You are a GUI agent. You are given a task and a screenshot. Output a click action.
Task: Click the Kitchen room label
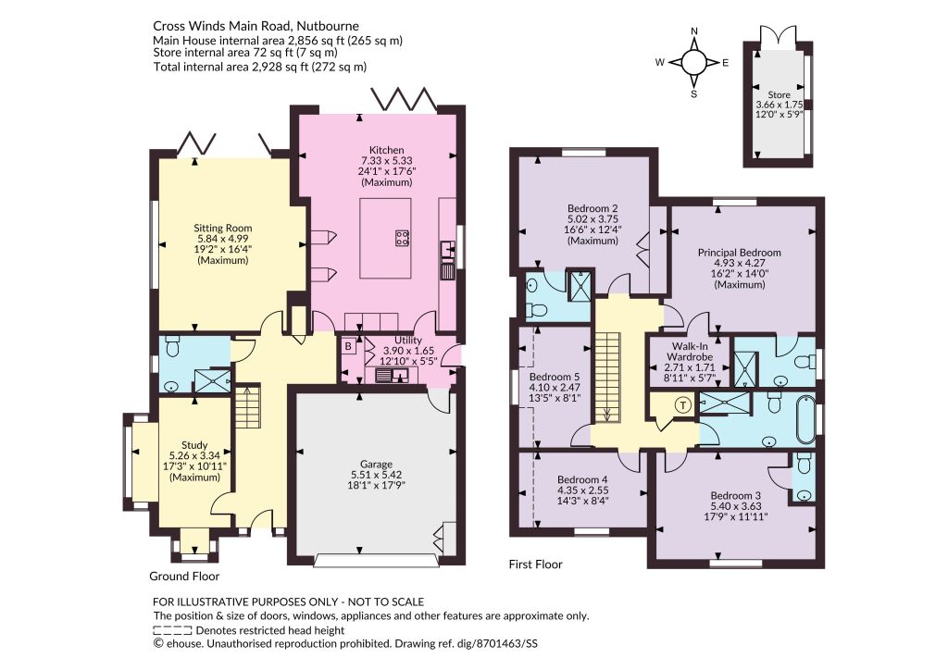tap(387, 150)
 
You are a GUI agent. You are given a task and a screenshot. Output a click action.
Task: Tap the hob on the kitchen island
tap(402, 238)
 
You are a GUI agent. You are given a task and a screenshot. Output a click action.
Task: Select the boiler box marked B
tap(349, 346)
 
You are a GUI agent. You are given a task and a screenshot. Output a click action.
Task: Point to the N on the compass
tap(694, 31)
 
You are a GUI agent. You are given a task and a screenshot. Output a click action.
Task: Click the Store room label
tap(779, 94)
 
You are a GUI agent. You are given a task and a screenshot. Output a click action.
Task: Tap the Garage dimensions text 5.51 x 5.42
tap(377, 475)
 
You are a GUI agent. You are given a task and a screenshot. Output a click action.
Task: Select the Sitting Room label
tap(222, 229)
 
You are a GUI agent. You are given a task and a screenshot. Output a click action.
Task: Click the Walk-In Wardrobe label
tap(690, 353)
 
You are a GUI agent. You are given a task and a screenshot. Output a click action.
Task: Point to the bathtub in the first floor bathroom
tap(806, 419)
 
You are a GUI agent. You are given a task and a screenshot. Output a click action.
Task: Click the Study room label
tap(194, 445)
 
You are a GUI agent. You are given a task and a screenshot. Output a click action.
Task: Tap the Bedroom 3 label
tap(736, 495)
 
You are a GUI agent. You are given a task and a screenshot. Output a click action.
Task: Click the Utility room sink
tap(392, 376)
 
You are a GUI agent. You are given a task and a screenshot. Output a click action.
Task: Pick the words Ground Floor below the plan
tap(184, 577)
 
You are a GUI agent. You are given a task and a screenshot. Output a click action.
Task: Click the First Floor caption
tap(536, 565)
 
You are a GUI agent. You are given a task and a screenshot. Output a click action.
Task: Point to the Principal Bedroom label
tap(740, 253)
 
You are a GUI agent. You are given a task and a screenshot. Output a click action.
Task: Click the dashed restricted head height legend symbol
tap(173, 630)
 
